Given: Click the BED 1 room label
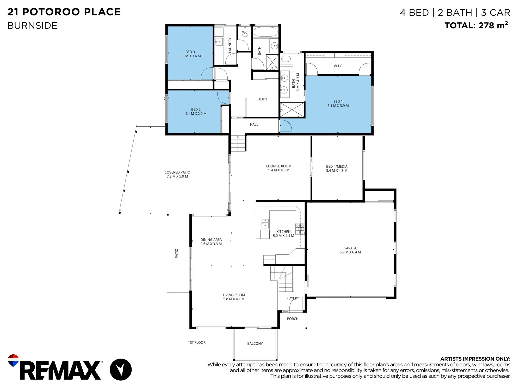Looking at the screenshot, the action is pos(338,103).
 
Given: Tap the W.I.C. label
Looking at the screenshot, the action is pos(338,66).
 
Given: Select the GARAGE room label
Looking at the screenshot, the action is pos(350,250).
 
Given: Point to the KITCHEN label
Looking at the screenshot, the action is pos(283,234).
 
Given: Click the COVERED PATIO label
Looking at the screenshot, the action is pos(177,174).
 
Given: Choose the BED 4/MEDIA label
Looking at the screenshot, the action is pos(337,168).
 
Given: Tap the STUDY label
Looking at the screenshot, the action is pos(262,99).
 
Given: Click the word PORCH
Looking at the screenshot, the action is pos(293,319).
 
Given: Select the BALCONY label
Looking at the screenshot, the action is pos(255,343).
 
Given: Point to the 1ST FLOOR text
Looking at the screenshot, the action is pos(197,342).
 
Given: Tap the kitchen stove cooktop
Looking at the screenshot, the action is pos(300,229).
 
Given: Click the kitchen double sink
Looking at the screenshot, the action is pos(265,224).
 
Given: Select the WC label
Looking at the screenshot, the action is pos(245,32).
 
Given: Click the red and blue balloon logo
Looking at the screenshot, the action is pos(13,360).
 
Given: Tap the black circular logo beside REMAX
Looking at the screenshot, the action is pos(121,369).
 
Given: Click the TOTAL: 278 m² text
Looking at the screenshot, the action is pos(476,25).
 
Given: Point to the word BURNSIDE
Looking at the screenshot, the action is pos(32,26).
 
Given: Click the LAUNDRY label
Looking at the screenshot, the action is pos(230,45).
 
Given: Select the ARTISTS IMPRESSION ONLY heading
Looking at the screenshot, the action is pos(475,359).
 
